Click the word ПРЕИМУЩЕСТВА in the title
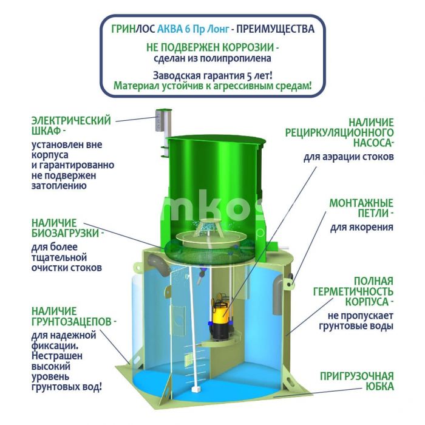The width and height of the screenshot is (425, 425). [x=276, y=29]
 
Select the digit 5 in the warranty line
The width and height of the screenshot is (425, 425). [x=250, y=76]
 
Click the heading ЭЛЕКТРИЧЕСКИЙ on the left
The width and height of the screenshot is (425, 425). [x=71, y=121]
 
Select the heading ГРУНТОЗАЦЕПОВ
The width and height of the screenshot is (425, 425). [x=72, y=321]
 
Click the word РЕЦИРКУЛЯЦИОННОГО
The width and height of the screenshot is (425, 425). [x=339, y=132]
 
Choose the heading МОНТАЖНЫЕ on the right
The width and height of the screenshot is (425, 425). [x=361, y=203]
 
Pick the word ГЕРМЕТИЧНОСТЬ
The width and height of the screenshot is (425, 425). [x=353, y=291]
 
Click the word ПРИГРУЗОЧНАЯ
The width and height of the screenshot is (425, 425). [x=357, y=376]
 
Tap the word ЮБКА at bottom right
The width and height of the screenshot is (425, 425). [x=379, y=387]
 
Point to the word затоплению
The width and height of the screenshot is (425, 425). [x=59, y=186]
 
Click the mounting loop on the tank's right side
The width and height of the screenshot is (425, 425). [x=289, y=283]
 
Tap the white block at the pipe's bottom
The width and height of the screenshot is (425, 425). [x=195, y=389]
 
